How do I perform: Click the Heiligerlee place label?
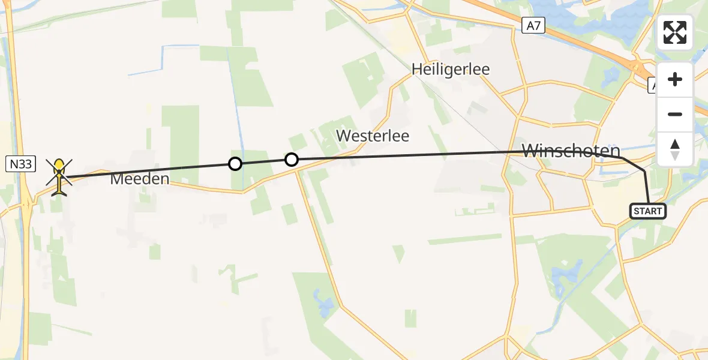tap(451, 69)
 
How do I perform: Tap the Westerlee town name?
tap(373, 136)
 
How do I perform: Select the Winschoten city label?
tap(571, 151)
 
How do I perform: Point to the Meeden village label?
tap(139, 178)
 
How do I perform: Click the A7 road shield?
tap(533, 25)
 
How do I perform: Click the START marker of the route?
tap(648, 211)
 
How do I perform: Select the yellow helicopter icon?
tap(59, 175)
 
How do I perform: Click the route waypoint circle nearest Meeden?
tap(235, 163)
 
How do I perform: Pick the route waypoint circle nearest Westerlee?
tap(291, 159)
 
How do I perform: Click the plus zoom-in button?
tap(675, 80)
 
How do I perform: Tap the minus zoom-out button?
tap(675, 114)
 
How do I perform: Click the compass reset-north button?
tap(675, 149)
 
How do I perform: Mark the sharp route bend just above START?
tap(644, 171)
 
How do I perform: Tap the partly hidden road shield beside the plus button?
tap(653, 87)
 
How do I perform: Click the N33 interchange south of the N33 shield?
tap(27, 204)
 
